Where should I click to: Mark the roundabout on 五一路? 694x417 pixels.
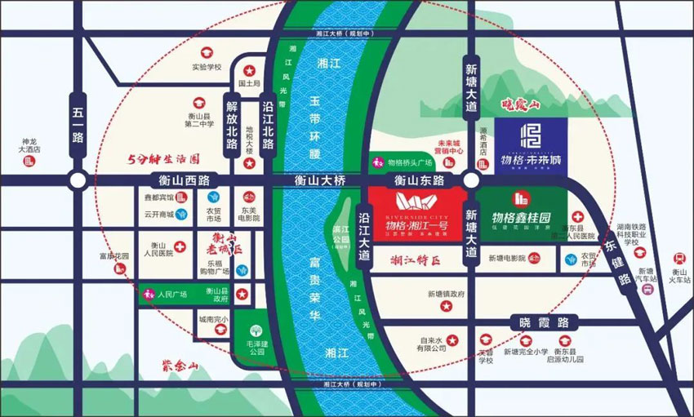[x=78, y=180]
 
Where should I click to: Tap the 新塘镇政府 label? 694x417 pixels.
[x=446, y=295]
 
